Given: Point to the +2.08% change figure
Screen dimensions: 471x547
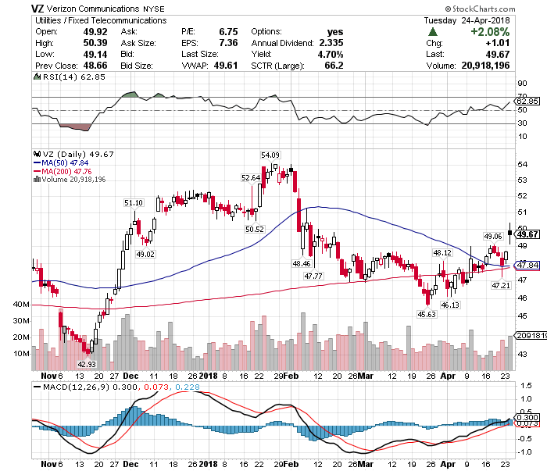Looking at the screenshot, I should (x=488, y=32).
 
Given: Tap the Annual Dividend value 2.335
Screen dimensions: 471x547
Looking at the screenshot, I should (x=330, y=44).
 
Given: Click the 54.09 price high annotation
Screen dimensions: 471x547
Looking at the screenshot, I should (x=270, y=155).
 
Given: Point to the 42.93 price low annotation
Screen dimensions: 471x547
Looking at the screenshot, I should (x=86, y=364).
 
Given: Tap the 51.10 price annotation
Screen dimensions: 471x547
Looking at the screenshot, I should (x=134, y=203).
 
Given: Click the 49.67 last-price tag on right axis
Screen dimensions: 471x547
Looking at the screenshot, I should (x=529, y=234).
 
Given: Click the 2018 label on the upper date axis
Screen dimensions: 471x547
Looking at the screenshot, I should (x=208, y=375).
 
